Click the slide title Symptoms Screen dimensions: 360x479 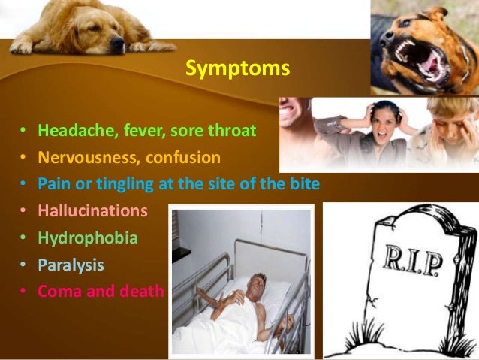coord(237,69)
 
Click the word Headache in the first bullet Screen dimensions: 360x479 coord(69,131)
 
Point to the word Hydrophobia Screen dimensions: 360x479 coord(88,237)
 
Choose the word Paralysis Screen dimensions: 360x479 coord(71,265)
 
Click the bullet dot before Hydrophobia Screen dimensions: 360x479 coord(23,238)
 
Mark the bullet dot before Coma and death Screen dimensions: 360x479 coord(23,292)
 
